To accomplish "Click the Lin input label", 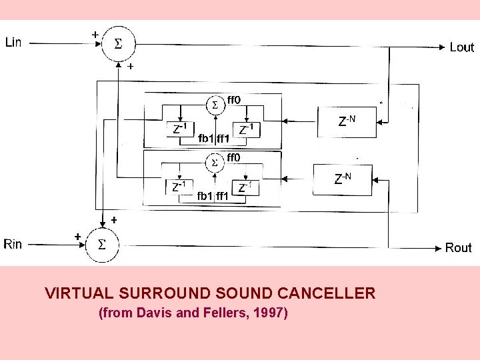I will click(13, 43).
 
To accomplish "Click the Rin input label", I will click(13, 244).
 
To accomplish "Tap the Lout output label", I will click(461, 47).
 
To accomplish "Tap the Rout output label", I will click(458, 248).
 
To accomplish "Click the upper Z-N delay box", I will click(347, 121).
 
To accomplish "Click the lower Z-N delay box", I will click(341, 179).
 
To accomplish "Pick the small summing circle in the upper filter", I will click(215, 105).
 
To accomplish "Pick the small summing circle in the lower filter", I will click(214, 163).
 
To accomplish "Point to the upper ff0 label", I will click(235, 100).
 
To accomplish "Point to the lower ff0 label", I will click(235, 157).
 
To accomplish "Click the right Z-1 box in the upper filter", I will click(246, 129).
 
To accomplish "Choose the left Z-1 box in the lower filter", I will click(179, 187).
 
